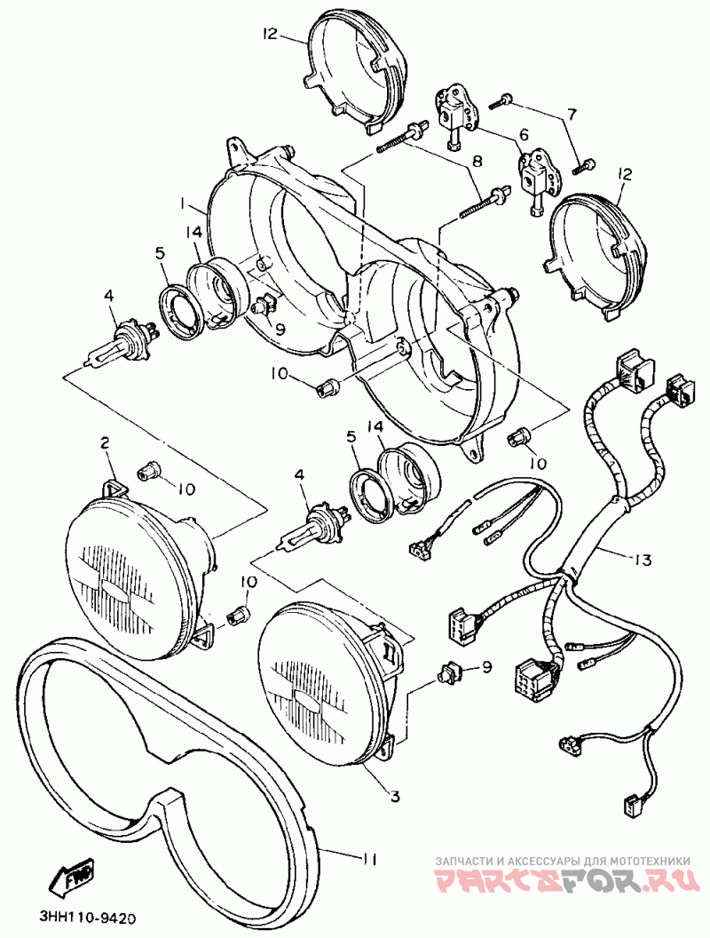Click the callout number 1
pyautogui.click(x=183, y=203)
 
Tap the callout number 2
pyautogui.click(x=104, y=441)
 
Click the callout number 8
pyautogui.click(x=477, y=163)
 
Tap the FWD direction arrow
pyautogui.click(x=76, y=878)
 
